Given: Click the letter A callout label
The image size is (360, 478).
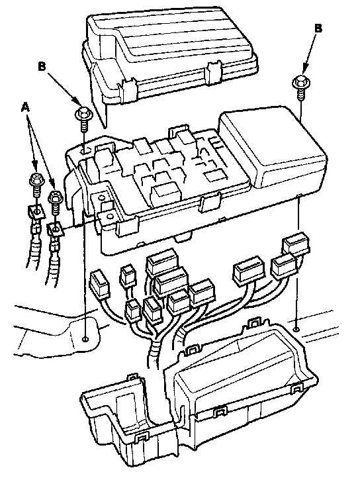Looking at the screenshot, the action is pos(26,108).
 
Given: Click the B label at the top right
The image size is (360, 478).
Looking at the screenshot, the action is pos(318,28).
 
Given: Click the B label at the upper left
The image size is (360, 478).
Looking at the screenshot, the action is pos(42,66).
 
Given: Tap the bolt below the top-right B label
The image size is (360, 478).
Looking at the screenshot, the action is pos(300,87).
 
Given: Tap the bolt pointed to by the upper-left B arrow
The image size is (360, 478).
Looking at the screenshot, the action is pos(83,120).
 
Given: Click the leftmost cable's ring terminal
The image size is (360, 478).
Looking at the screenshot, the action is pos(36,212).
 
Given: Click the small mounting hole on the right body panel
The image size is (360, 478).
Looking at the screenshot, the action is pos(295,330).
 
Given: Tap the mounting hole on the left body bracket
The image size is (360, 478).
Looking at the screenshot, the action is pos(85,339).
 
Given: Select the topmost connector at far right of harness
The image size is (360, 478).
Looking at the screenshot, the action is pos(296,243).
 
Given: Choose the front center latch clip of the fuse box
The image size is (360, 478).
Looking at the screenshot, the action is pos(209,202).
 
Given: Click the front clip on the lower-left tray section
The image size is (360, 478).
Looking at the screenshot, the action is pos(141,439).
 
